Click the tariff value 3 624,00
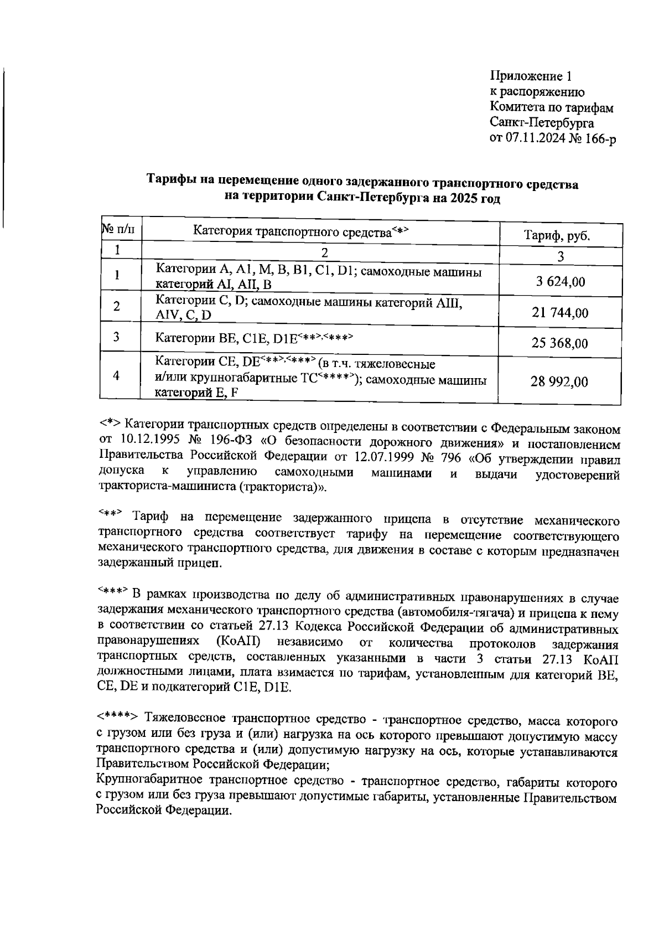coord(560,282)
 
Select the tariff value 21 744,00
coord(560,313)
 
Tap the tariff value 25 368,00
coord(560,343)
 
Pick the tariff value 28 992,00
coord(560,382)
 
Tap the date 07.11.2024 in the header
coord(536,138)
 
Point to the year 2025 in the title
coord(464,198)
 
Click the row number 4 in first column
coord(117,375)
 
